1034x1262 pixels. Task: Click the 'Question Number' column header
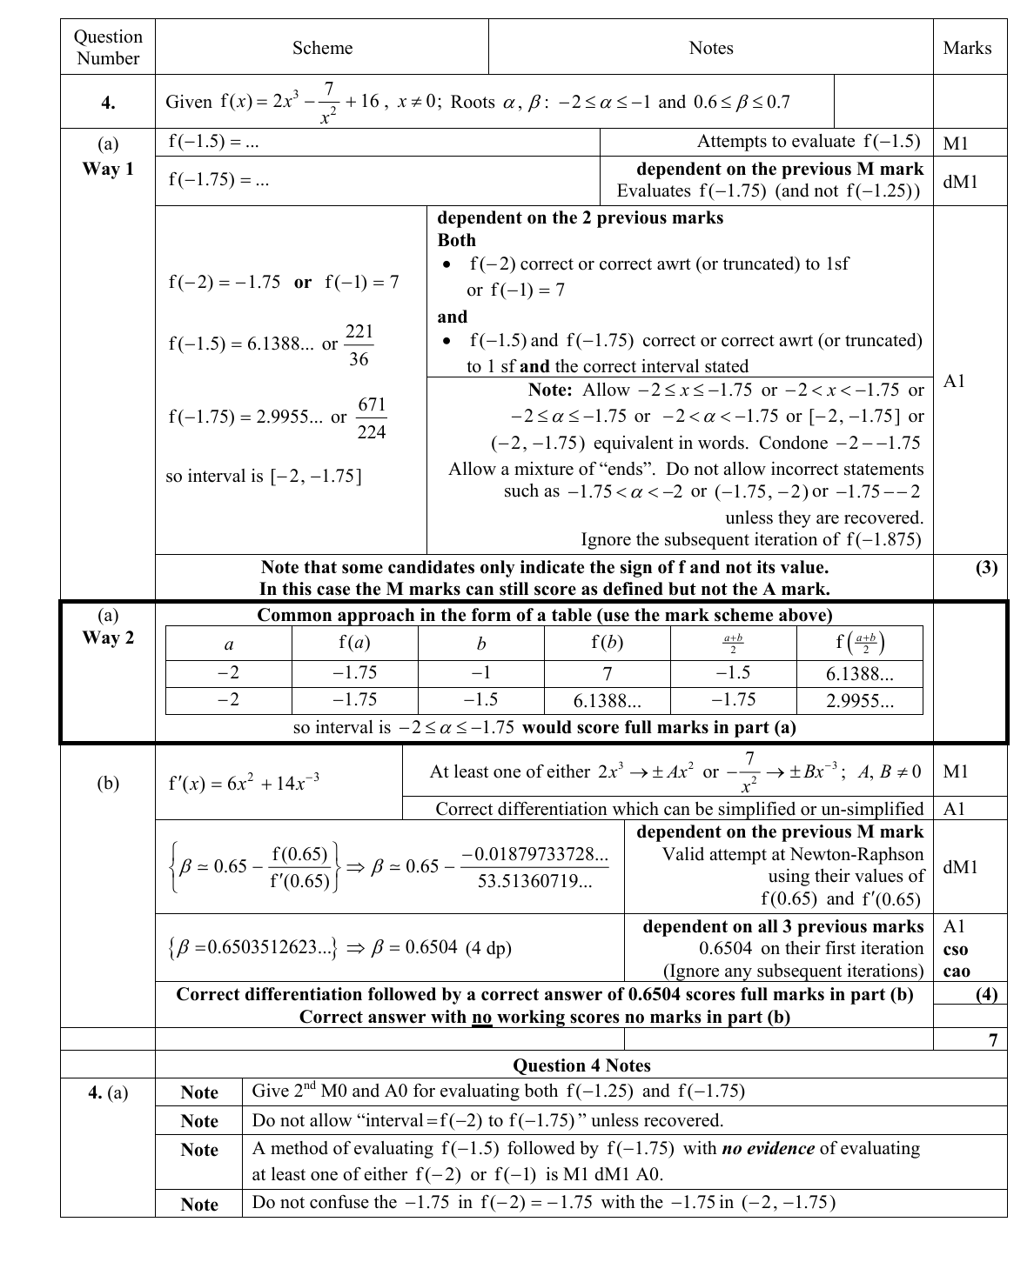[108, 48]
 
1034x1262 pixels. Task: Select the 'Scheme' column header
[322, 49]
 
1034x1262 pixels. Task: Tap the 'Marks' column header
[967, 49]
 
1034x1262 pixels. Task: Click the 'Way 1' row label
[108, 169]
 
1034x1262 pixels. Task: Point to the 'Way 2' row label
[108, 638]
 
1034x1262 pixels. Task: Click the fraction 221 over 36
[359, 345]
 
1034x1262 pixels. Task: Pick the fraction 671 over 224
[372, 418]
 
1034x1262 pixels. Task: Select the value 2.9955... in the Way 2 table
[859, 702]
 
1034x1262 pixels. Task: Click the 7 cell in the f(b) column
[608, 674]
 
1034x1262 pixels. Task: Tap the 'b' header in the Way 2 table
[481, 644]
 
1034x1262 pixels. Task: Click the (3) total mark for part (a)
[986, 568]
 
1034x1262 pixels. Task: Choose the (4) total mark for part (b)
[986, 994]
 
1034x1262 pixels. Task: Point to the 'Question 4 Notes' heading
[581, 1065]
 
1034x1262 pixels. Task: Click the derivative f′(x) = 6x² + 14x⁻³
[243, 783]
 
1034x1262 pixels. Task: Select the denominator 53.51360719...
[534, 882]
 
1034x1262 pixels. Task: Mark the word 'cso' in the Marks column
[956, 949]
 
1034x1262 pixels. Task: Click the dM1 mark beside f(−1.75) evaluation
[960, 181]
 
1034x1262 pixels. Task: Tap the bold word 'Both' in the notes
[456, 240]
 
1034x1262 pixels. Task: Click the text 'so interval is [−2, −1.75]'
[264, 477]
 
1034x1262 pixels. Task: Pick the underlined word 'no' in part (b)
[481, 1018]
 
